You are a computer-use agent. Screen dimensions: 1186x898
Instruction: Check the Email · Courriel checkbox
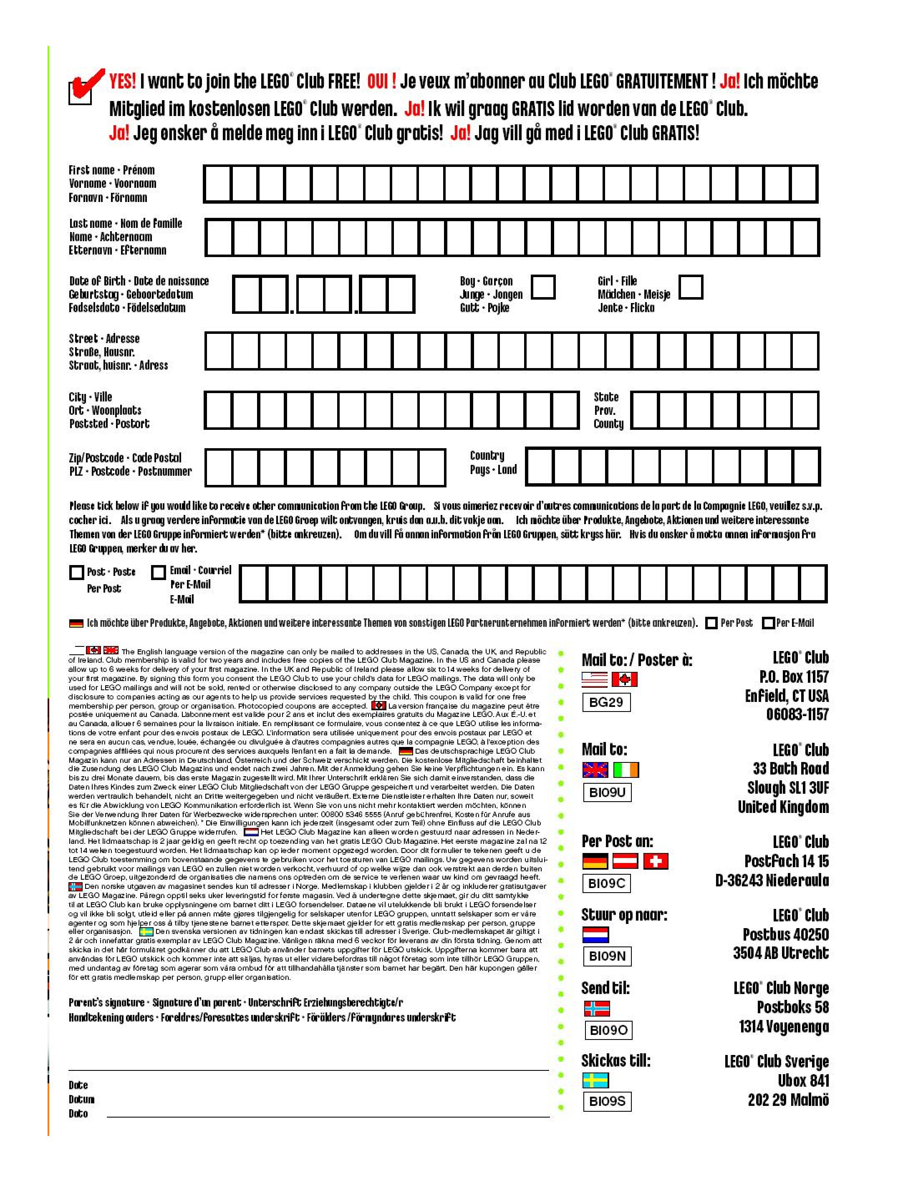tap(158, 573)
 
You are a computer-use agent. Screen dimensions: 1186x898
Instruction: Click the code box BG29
tap(606, 702)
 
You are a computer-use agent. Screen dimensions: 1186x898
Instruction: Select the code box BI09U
tap(607, 792)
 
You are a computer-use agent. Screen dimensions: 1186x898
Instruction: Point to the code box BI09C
tap(606, 883)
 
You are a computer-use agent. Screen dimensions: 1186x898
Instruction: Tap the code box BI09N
tap(607, 956)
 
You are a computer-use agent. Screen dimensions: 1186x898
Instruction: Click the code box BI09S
tap(607, 1101)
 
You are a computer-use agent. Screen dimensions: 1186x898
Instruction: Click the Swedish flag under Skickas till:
tap(595, 1080)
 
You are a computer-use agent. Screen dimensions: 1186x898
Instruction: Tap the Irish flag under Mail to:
tap(626, 770)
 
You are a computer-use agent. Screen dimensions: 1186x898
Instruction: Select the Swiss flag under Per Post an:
tap(655, 861)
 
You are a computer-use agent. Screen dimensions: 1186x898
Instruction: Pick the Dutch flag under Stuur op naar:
tap(595, 934)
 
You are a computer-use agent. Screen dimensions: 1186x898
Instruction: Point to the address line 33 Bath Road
tap(790, 769)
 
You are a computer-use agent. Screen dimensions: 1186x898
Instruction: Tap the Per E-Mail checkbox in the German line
tap(768, 623)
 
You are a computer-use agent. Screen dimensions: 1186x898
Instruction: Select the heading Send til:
tap(605, 988)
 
